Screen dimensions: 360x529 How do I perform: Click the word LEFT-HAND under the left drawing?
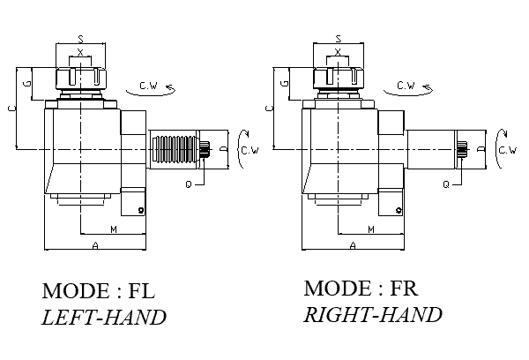[x=104, y=318]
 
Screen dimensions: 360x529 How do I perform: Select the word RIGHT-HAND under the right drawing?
[x=372, y=315]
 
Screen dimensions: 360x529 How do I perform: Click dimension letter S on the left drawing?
[x=81, y=39]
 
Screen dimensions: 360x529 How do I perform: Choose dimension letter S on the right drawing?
[x=339, y=39]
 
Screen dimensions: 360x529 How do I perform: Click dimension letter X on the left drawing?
[x=81, y=52]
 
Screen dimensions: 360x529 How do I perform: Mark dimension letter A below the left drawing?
[x=94, y=246]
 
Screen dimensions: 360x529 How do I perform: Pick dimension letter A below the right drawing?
[x=353, y=246]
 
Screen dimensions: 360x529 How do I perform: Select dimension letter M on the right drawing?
[x=371, y=229]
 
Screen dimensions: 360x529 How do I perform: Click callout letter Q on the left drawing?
[x=190, y=184]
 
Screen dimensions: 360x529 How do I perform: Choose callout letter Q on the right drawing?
[x=447, y=184]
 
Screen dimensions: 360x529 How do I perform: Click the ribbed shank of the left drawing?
[x=174, y=149]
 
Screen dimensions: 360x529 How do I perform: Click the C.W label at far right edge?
[x=509, y=150]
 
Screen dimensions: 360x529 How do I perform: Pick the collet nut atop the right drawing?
[x=339, y=77]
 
